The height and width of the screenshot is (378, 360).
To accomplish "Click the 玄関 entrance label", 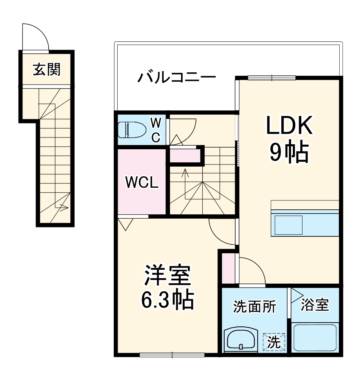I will click(47, 69).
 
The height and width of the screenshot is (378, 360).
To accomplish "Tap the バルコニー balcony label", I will click(177, 78).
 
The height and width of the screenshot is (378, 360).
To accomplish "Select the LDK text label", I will click(289, 125).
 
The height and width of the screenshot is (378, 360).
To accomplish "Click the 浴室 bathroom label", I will click(315, 305).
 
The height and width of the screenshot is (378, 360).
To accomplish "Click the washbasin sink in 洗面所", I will click(240, 339).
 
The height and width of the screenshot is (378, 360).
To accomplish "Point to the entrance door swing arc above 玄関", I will click(36, 37).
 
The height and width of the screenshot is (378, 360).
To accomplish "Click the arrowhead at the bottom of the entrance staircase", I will click(64, 207).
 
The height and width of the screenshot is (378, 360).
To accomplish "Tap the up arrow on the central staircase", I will click(184, 173).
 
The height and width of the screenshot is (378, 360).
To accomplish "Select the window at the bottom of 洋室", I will click(172, 354).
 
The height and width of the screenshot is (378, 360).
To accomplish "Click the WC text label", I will click(156, 130).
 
